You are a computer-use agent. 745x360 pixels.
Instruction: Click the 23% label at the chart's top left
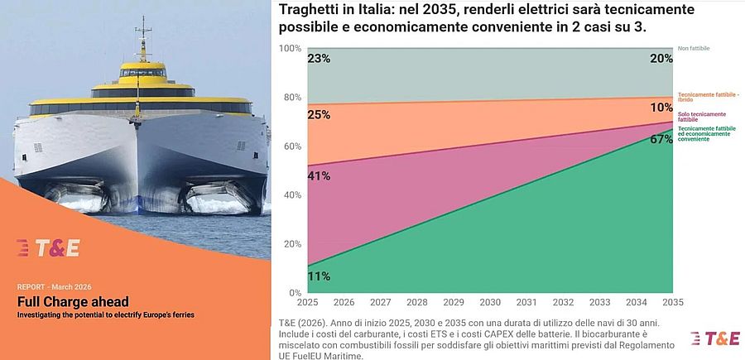click(x=320, y=59)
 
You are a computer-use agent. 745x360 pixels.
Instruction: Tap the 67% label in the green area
click(x=661, y=139)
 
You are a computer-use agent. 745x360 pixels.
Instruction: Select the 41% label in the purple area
click(x=320, y=175)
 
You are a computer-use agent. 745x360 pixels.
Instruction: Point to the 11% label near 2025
click(x=320, y=276)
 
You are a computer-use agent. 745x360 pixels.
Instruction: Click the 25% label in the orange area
click(x=320, y=115)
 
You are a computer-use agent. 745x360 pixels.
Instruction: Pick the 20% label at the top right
click(x=661, y=59)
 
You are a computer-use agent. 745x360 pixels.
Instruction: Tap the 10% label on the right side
click(x=661, y=108)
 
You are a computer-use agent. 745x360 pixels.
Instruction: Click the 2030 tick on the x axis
click(x=491, y=303)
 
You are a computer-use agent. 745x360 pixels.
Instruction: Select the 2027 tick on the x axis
click(x=380, y=303)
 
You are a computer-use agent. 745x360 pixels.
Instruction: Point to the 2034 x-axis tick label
click(x=637, y=303)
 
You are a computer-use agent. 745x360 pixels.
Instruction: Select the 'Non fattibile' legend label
click(x=694, y=49)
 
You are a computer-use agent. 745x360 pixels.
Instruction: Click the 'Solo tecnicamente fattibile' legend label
click(x=702, y=116)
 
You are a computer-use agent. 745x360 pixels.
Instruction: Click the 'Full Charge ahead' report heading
click(x=73, y=301)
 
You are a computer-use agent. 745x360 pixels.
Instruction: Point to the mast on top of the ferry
click(x=144, y=33)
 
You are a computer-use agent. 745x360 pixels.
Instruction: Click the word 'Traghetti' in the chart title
click(x=312, y=11)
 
